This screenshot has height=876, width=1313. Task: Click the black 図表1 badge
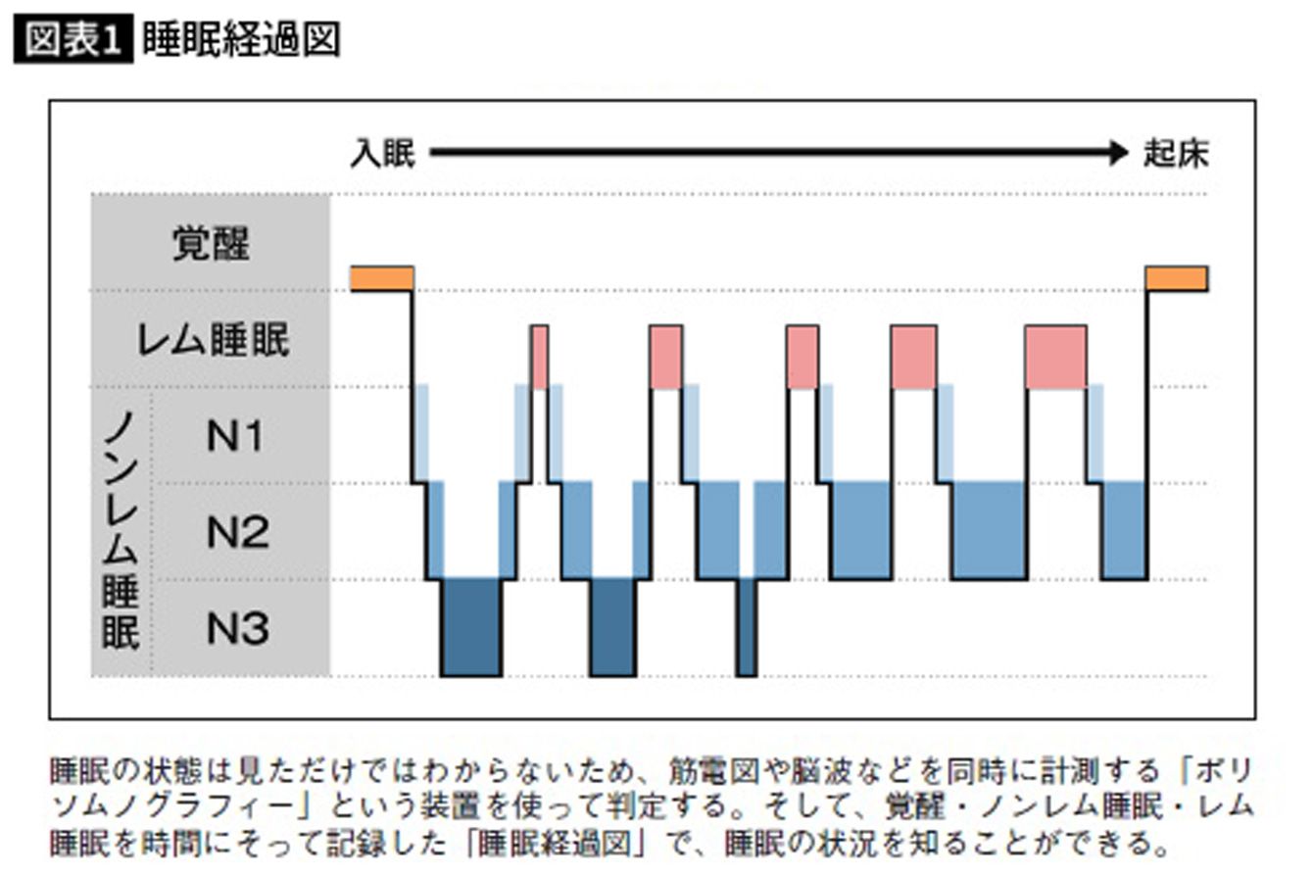click(x=73, y=38)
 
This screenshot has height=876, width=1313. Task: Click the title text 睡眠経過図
click(x=241, y=39)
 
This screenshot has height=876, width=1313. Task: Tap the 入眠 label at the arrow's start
click(x=383, y=154)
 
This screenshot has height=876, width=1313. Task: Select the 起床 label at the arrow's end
click(x=1176, y=154)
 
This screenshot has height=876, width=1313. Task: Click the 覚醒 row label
click(x=211, y=243)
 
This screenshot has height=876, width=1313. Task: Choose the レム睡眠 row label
click(x=213, y=339)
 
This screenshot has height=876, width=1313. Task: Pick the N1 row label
click(x=234, y=436)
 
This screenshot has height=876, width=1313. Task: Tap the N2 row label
click(x=237, y=532)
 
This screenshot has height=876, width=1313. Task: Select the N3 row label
click(x=237, y=628)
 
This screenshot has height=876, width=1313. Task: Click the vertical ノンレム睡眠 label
click(x=121, y=531)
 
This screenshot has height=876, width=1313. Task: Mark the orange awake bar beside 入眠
click(x=382, y=278)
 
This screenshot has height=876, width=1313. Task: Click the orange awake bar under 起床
click(x=1177, y=278)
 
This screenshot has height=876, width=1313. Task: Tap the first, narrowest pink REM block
click(x=540, y=357)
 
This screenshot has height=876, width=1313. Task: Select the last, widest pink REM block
click(x=1056, y=357)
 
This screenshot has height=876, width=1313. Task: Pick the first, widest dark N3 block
click(x=472, y=627)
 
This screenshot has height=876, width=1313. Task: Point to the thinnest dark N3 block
click(x=747, y=627)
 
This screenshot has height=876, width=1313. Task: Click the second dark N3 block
click(x=613, y=627)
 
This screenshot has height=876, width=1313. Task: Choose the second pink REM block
click(x=666, y=357)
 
